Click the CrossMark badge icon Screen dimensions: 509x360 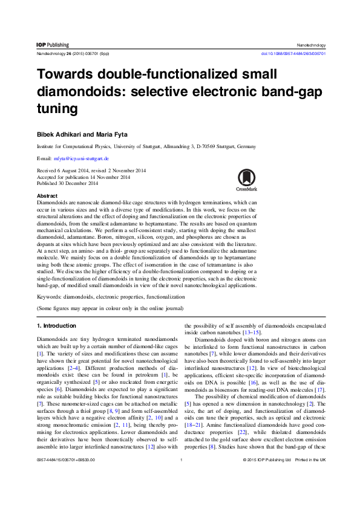pos(246,180)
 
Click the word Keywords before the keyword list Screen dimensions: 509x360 pos(50,297)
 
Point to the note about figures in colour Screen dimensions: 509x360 pos(110,308)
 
